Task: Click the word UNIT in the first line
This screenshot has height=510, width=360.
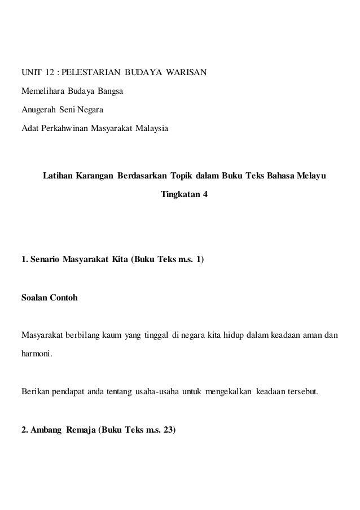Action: (x=30, y=72)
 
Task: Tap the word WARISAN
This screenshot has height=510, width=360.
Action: (x=186, y=72)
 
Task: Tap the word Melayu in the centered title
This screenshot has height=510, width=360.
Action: (x=311, y=176)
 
